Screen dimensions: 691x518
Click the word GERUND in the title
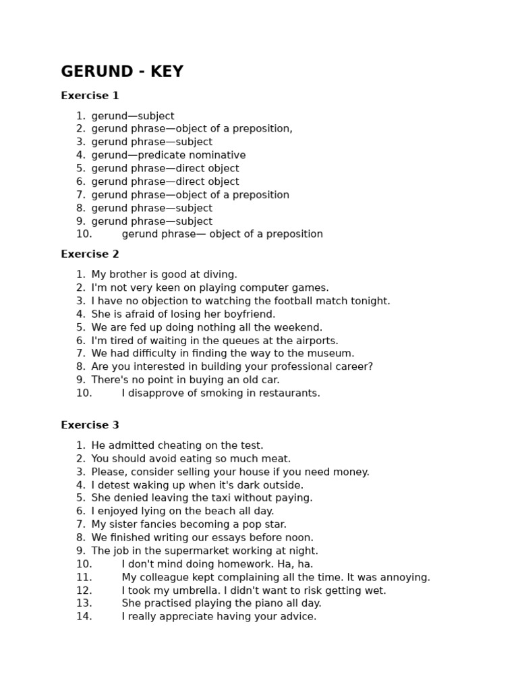96,72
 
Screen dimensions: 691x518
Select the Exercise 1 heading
90,96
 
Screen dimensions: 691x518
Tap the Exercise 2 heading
90,254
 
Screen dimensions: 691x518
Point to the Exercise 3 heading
90,425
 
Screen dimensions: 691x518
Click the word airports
316,341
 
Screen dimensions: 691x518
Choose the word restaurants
289,393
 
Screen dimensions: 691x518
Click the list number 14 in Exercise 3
84,617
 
